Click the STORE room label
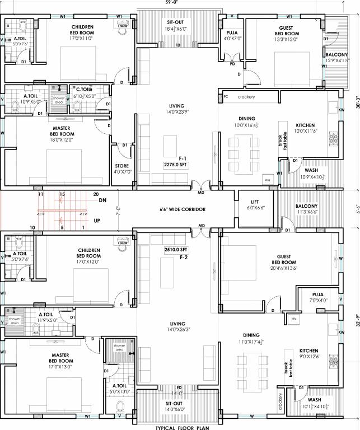pyautogui.click(x=123, y=169)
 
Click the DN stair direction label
pyautogui.click(x=102, y=200)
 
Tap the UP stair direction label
pyautogui.click(x=97, y=221)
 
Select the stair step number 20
pyautogui.click(x=96, y=194)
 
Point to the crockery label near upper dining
pyautogui.click(x=246, y=97)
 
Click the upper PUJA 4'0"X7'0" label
pyautogui.click(x=232, y=35)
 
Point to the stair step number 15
pyautogui.click(x=62, y=194)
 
